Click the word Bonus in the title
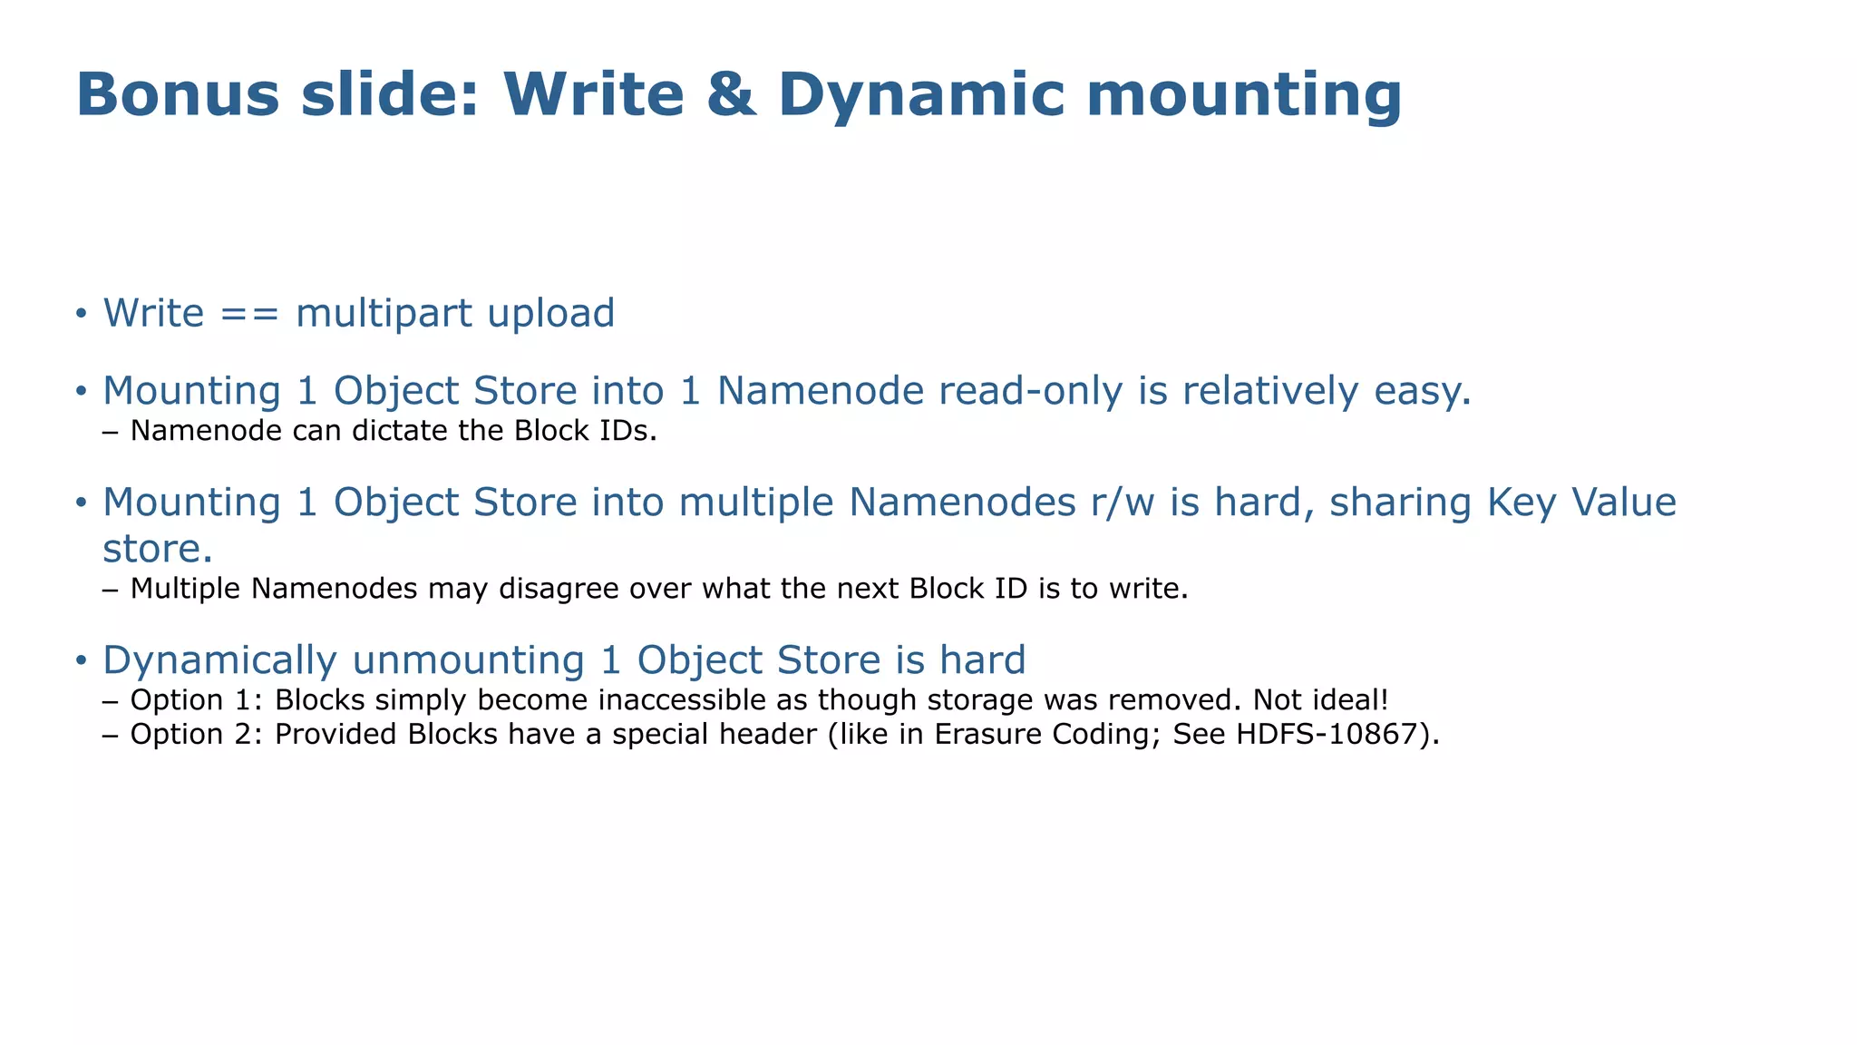pos(178,94)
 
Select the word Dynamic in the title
pos(920,94)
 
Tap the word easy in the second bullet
pos(1422,392)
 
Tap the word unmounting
pos(468,660)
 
